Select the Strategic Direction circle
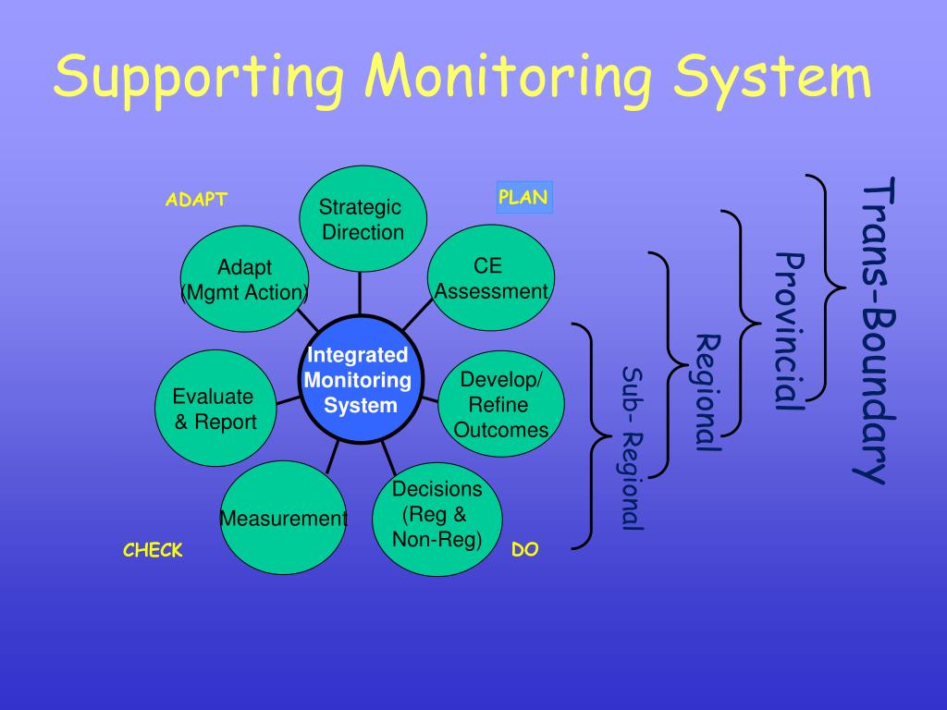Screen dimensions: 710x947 [x=363, y=219]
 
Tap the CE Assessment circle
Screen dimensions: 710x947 [x=491, y=279]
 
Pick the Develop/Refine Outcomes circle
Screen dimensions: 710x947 [x=500, y=404]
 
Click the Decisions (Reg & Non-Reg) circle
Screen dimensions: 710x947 [x=437, y=516]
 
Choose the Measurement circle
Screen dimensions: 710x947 [x=282, y=518]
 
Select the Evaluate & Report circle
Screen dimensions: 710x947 [x=215, y=409]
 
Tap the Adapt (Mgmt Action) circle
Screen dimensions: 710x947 [x=244, y=279]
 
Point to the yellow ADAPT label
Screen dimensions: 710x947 [x=196, y=200]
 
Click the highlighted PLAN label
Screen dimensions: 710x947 [x=523, y=197]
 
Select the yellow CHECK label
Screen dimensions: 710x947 [x=153, y=551]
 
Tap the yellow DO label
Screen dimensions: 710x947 [x=524, y=550]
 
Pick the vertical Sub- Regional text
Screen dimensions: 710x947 [x=632, y=448]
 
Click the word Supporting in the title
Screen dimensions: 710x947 [x=198, y=80]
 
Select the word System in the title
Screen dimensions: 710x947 [x=771, y=78]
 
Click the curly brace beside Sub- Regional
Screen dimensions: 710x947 [x=586, y=435]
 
